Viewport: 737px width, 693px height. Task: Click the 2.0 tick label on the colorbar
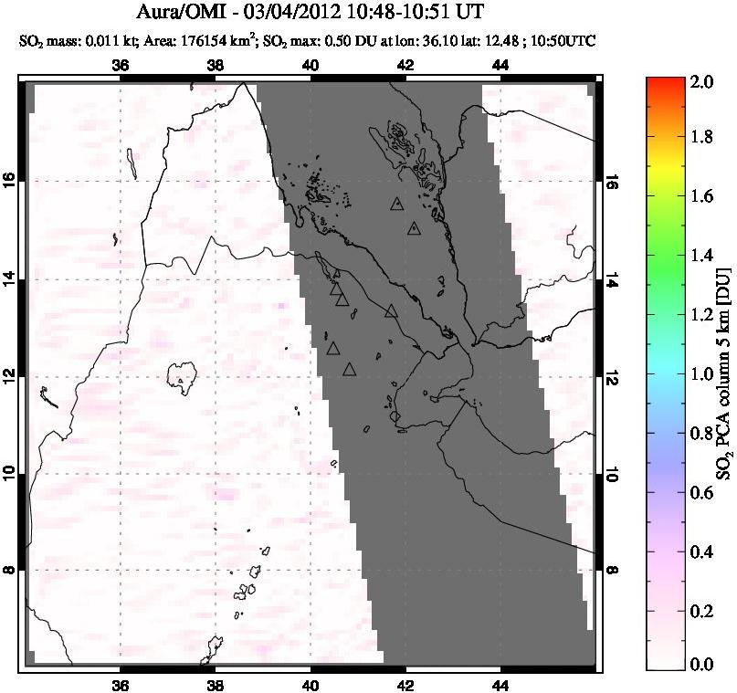click(x=700, y=82)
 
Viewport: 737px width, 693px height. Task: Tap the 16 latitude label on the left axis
click(x=10, y=181)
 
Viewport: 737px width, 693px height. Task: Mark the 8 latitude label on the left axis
click(x=10, y=570)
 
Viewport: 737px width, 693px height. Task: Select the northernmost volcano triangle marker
click(x=396, y=205)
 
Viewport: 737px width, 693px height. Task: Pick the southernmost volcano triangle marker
click(x=349, y=370)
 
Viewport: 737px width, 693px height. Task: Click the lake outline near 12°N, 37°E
click(x=183, y=374)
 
